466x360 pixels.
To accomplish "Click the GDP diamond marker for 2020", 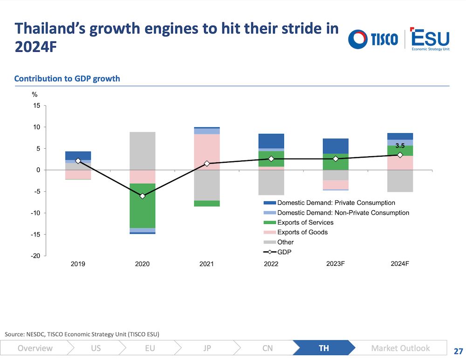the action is pos(142,196).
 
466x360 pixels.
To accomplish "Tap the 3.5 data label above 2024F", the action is pos(400,146).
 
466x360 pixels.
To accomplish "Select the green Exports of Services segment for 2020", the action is pos(142,206).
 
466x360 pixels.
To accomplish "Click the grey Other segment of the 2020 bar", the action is pos(142,151).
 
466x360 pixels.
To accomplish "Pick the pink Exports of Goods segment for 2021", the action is pos(207,152).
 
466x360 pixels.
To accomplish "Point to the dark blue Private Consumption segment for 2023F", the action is pos(336,146).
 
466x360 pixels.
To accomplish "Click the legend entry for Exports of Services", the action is pos(298,222).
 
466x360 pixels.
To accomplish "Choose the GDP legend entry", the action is pos(277,252).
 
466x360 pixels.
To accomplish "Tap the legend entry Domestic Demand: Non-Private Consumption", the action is pos(336,213).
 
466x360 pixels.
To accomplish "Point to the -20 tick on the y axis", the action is pos(35,256).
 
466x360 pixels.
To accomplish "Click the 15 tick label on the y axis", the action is pos(36,105).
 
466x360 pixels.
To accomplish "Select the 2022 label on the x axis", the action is pos(271,264).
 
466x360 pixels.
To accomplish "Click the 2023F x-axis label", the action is pos(336,264).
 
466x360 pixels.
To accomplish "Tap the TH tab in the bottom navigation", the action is pos(324,348).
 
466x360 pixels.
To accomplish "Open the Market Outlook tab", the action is pos(400,348).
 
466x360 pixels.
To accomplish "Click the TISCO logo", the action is pos(373,39).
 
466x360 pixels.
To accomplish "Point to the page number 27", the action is pos(458,351).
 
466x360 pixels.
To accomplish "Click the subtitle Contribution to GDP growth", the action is pos(67,78).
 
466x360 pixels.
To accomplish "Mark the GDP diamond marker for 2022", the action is pos(271,159).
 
